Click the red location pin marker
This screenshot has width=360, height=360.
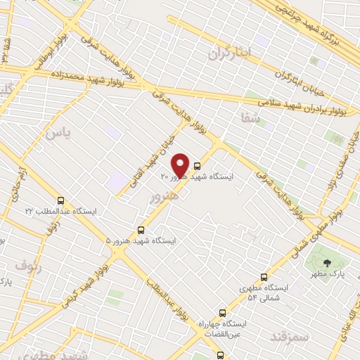180,165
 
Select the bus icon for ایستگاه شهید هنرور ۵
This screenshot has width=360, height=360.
141,229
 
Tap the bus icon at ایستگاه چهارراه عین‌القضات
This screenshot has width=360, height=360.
222,313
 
